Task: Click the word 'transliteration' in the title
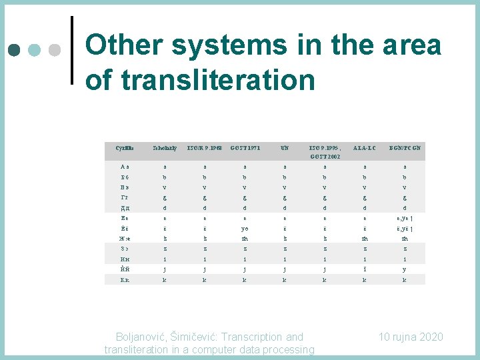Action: click(x=200, y=80)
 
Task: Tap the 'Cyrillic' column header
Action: click(x=124, y=147)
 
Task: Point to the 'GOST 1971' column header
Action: click(x=244, y=147)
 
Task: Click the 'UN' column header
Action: click(x=285, y=147)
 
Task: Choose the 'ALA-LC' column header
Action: click(x=366, y=147)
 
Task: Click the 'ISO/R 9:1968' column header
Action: click(x=203, y=147)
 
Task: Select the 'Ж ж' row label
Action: click(x=124, y=238)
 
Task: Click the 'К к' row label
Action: click(x=124, y=280)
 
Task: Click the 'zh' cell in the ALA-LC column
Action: click(x=366, y=238)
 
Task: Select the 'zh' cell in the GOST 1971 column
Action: click(x=244, y=238)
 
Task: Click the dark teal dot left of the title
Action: click(x=15, y=50)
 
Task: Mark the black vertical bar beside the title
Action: click(x=71, y=50)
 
